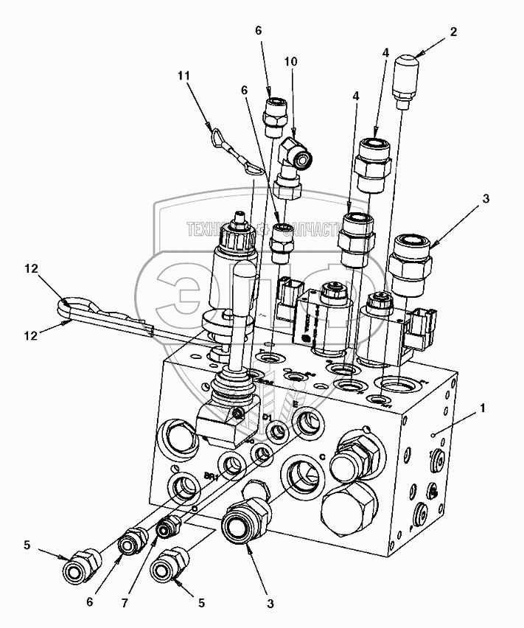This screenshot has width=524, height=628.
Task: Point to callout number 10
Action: (x=291, y=61)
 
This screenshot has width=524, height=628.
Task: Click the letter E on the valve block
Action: (x=295, y=405)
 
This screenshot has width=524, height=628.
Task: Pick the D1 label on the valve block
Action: (x=268, y=418)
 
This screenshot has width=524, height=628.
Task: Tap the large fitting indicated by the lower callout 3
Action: (x=241, y=524)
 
